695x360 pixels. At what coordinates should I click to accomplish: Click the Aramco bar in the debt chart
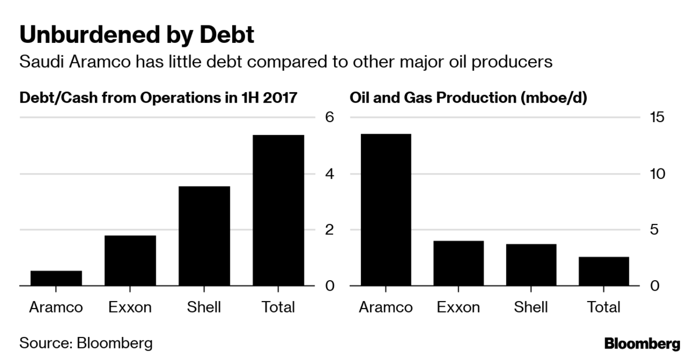tap(56, 278)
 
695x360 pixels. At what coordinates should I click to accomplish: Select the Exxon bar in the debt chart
tap(130, 260)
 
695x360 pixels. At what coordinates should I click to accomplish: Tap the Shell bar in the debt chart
tap(204, 236)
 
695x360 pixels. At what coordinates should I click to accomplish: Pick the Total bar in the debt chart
tap(279, 211)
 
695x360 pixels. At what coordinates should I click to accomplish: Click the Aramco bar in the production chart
tap(385, 210)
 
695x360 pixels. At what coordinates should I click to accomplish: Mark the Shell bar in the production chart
tap(531, 265)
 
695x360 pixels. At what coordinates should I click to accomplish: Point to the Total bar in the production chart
tap(603, 271)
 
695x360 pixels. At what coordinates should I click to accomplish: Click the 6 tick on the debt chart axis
tap(330, 117)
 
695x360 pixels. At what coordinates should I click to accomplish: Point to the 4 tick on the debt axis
tap(330, 174)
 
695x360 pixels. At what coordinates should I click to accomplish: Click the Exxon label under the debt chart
tap(130, 307)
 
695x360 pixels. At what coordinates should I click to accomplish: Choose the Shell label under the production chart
tap(531, 307)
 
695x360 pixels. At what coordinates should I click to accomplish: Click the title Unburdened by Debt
tap(137, 35)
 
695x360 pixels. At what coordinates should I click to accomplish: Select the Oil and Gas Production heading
tap(469, 97)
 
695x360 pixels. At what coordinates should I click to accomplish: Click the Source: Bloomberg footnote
tap(86, 343)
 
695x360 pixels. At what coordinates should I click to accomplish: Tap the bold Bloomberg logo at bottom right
tap(642, 344)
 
